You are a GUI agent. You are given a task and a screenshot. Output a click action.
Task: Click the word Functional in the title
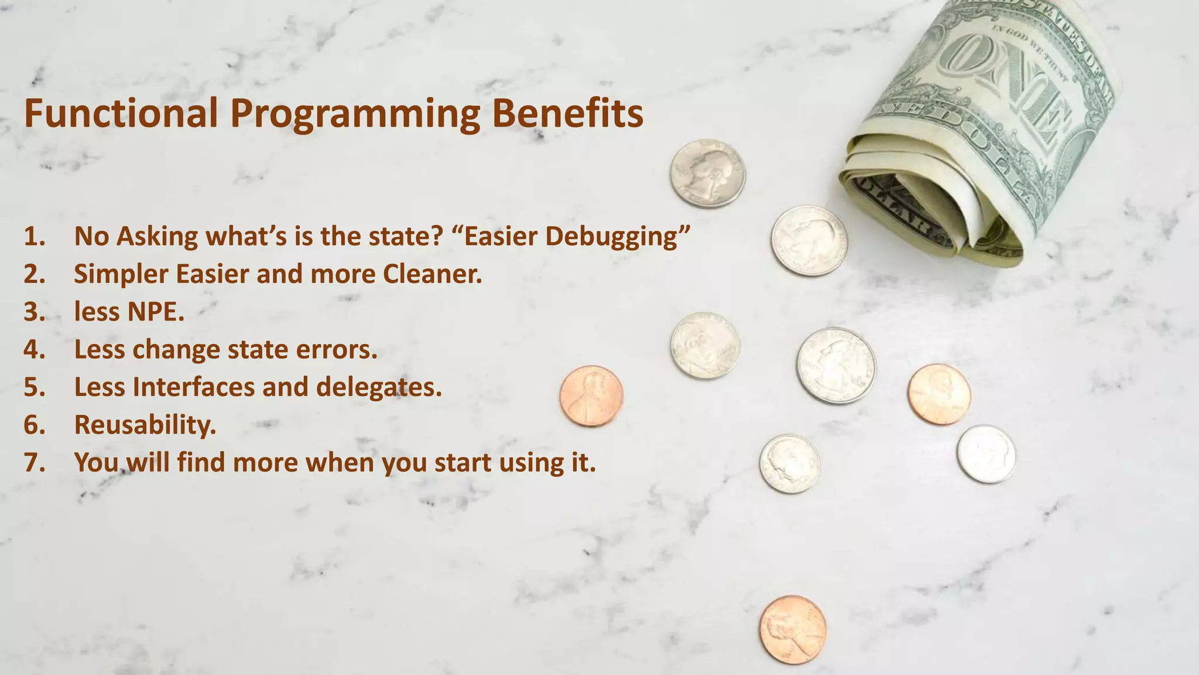tap(121, 113)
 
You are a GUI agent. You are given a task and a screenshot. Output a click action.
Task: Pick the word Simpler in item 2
tap(121, 274)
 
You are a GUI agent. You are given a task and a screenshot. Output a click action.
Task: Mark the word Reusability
tap(145, 425)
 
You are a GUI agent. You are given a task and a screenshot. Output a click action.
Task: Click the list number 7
tap(34, 462)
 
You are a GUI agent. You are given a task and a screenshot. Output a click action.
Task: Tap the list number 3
tap(34, 312)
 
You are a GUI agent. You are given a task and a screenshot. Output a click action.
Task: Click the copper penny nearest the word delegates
tap(591, 396)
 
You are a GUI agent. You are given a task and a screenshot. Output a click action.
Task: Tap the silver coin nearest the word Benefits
tap(708, 173)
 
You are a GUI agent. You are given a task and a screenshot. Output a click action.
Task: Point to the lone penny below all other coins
tap(793, 629)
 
